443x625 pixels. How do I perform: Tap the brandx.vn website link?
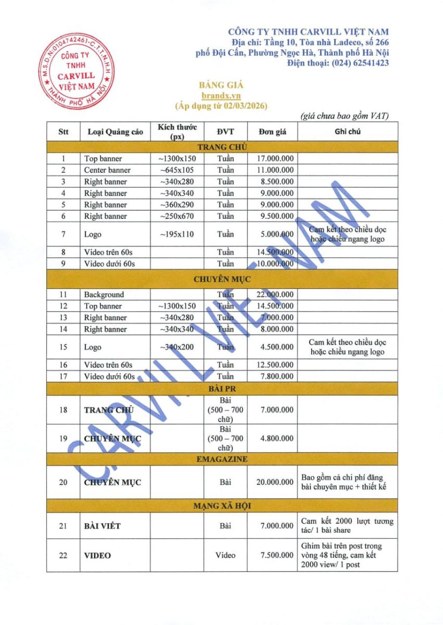(221, 96)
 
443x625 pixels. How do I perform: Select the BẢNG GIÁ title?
(221, 85)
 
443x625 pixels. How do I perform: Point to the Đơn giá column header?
(273, 132)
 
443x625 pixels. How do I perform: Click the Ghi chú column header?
(347, 132)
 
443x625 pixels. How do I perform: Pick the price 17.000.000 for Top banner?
(275, 158)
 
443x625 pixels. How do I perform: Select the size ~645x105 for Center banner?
(178, 170)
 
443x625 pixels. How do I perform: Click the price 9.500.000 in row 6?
(275, 216)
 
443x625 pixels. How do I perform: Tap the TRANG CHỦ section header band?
(222, 147)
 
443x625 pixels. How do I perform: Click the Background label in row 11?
(104, 295)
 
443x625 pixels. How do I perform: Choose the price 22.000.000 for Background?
(275, 295)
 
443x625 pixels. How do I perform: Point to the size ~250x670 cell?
(178, 216)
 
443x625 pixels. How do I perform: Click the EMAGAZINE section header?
(222, 459)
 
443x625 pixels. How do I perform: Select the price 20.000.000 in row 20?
(275, 482)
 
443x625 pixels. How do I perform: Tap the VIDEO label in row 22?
(97, 556)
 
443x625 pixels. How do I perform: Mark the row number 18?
(63, 410)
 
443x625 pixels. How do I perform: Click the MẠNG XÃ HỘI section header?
(222, 506)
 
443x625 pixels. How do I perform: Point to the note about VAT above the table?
(345, 116)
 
